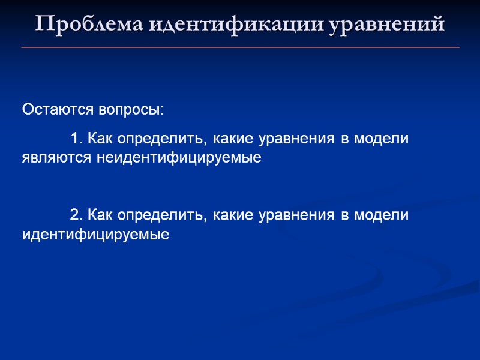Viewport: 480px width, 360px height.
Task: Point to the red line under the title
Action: click(x=240, y=47)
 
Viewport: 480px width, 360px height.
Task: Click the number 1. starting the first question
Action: click(x=76, y=139)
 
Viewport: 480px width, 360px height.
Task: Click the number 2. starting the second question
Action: click(x=76, y=215)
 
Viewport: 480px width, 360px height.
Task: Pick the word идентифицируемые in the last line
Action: click(x=95, y=234)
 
